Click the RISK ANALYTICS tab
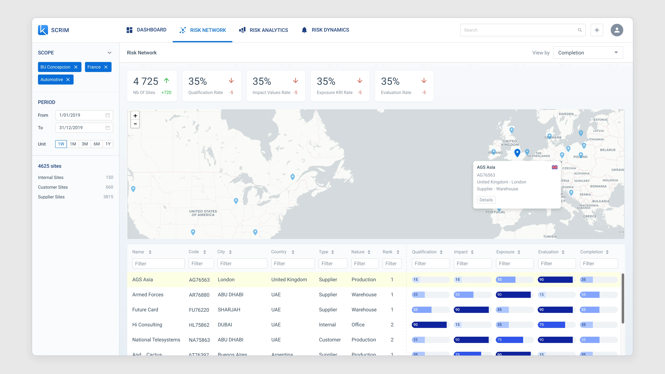click(x=264, y=30)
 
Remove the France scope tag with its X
click(x=106, y=67)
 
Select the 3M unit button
click(x=85, y=144)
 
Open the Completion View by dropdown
click(x=588, y=53)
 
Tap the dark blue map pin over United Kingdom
click(x=517, y=153)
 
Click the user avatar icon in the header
click(x=617, y=30)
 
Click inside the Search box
click(x=519, y=30)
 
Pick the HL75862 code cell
click(x=199, y=325)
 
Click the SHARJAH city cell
click(x=229, y=310)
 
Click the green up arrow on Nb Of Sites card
click(x=166, y=81)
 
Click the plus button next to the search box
click(x=597, y=30)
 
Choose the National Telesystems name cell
click(x=156, y=340)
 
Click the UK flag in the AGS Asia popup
click(x=555, y=167)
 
